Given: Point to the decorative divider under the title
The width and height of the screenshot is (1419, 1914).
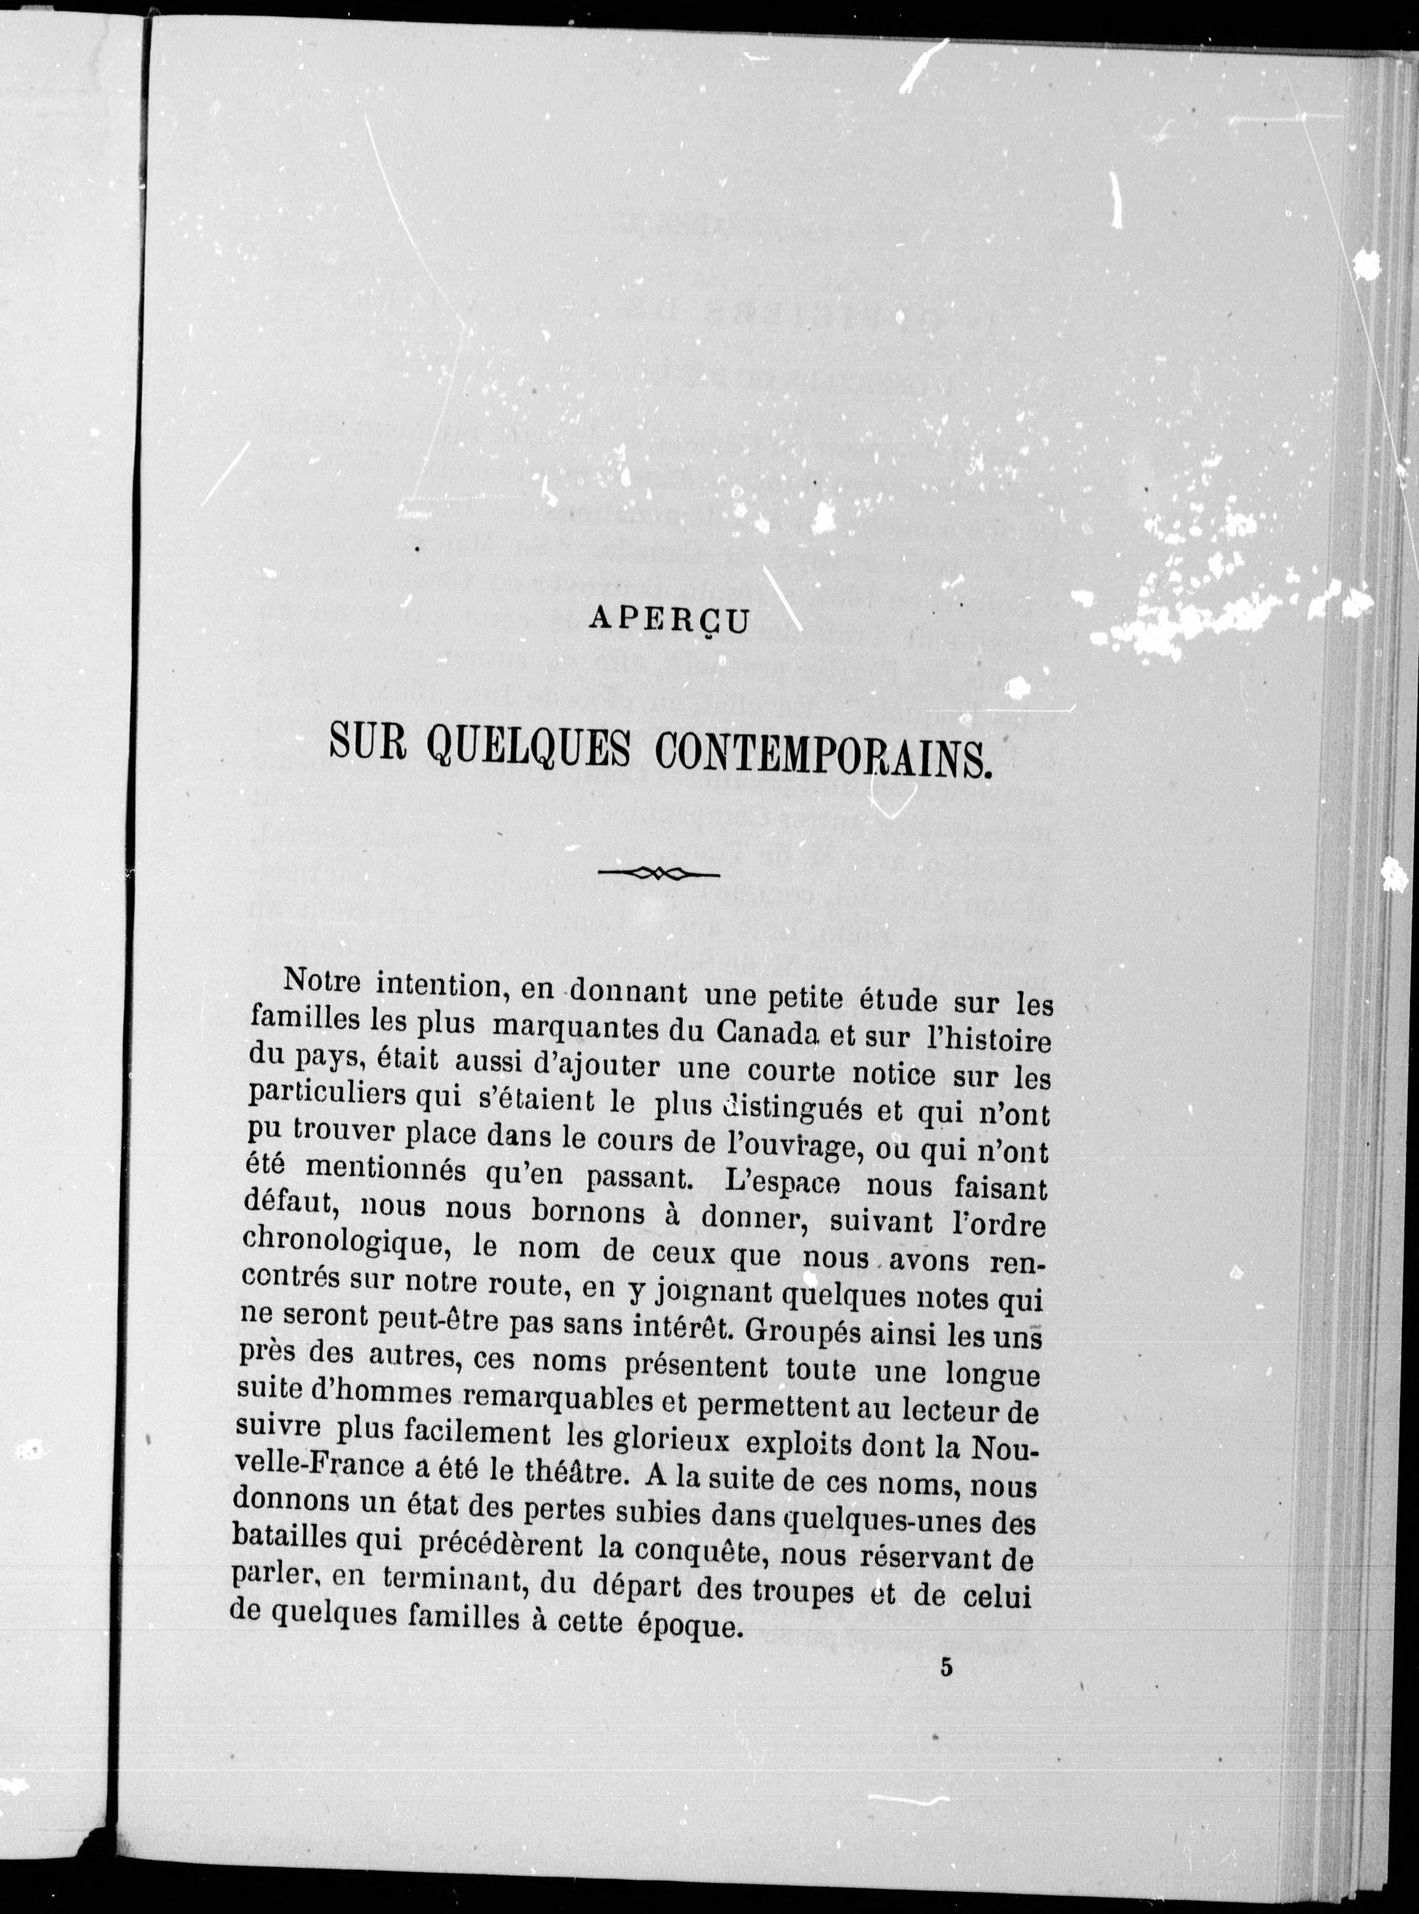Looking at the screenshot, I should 658,873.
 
